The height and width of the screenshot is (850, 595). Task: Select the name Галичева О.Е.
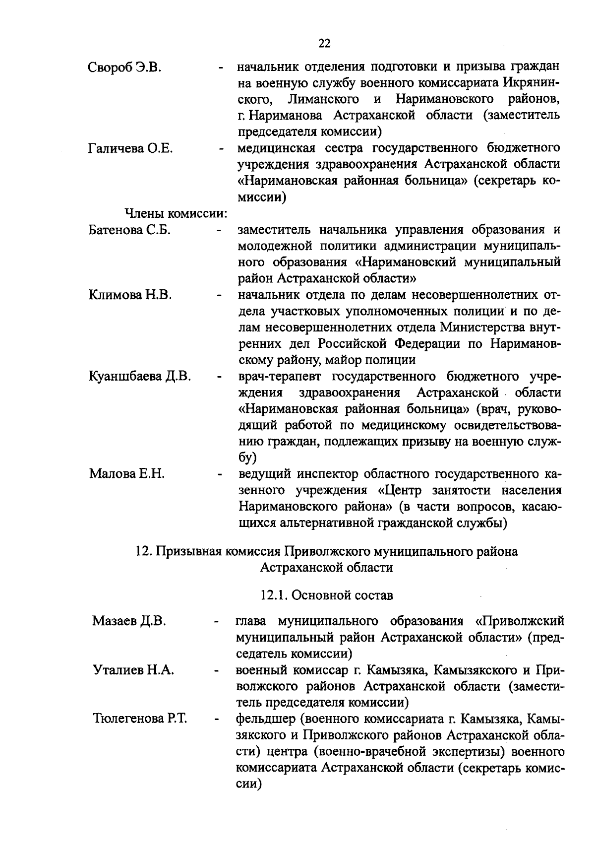[x=130, y=148]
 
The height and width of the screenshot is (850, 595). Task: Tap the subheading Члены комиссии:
[x=175, y=214]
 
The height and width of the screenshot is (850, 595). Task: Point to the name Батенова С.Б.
[x=129, y=230]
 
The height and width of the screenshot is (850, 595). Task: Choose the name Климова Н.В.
[x=130, y=295]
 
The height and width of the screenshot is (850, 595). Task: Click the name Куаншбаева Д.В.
[x=140, y=376]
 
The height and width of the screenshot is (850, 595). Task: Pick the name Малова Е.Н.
[x=127, y=474]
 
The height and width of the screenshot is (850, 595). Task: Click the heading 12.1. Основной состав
[x=326, y=595]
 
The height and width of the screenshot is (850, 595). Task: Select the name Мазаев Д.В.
[x=129, y=621]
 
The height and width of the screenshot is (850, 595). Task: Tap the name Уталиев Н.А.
[x=133, y=670]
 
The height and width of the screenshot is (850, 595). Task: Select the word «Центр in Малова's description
[x=402, y=490]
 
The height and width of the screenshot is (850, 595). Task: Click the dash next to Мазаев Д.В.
[x=216, y=621]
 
